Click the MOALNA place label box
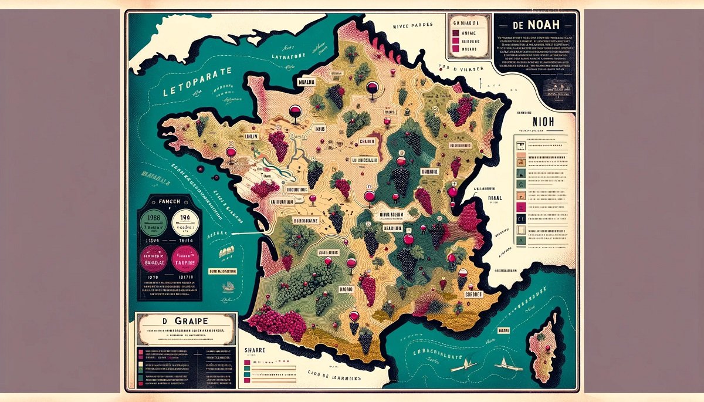306,82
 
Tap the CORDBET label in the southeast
473,294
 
